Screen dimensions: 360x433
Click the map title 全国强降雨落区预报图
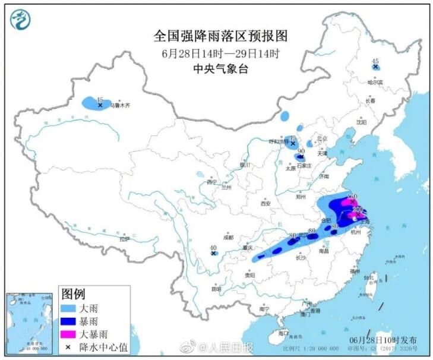tap(220, 36)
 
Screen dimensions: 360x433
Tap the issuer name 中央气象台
tap(220, 68)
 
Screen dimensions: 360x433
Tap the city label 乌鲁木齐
tap(119, 105)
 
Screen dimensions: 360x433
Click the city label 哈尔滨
tap(375, 82)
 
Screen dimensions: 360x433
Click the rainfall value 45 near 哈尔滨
tap(374, 61)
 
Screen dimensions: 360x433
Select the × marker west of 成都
tap(213, 253)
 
